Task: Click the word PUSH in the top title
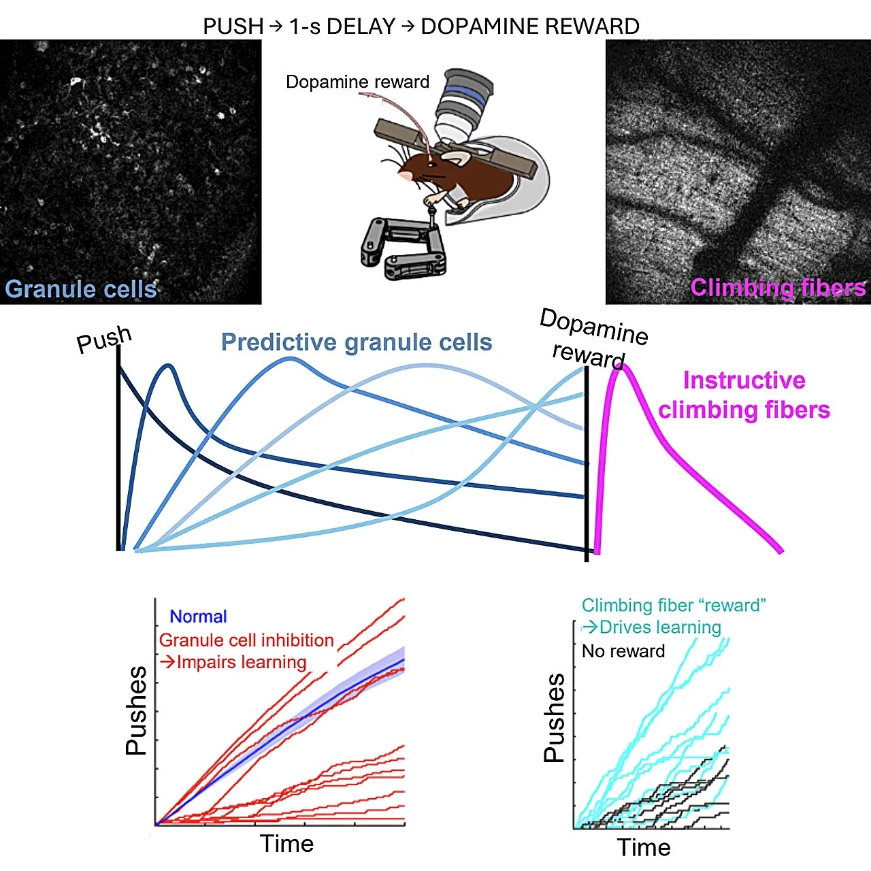coord(233,27)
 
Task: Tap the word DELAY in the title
coord(361,27)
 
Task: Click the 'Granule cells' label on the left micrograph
coord(80,289)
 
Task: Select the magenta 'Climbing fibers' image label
coord(778,287)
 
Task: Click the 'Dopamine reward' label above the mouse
coord(357,82)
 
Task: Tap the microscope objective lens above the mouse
coord(463,105)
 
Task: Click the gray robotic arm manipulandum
coord(403,247)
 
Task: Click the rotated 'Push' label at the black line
coord(104,339)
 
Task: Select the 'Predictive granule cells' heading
coord(356,342)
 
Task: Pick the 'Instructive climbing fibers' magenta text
coord(744,395)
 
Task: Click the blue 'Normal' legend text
coord(198,617)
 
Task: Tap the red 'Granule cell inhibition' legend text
coord(246,640)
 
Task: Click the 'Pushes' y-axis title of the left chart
coord(136,710)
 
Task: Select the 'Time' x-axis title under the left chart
coord(286,843)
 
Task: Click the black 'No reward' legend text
coord(623,651)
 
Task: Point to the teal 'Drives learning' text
coord(651,627)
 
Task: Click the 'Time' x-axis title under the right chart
coord(644,847)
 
